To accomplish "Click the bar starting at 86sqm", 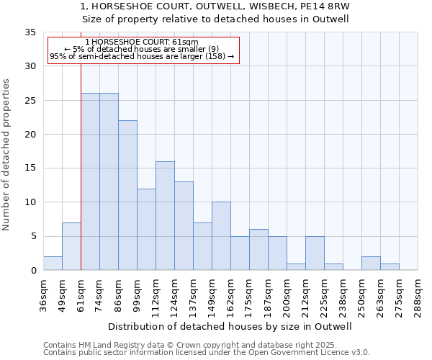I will pos(127,195).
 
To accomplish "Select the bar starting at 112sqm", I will pos(165,216).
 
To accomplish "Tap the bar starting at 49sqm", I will pos(71,246).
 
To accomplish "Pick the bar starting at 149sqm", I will pos(221,236).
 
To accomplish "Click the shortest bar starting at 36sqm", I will pos(53,264).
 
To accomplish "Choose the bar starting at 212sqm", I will pos(315,253).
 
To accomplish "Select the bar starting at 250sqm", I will pos(371,264).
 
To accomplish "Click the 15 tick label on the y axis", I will pos(30,168).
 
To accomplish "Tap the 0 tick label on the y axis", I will pos(33,271).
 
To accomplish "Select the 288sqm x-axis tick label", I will pos(418,296).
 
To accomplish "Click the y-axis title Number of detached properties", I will pos(6,155).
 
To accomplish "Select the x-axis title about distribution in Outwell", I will pos(230,326).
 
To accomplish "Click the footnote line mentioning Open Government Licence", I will pos(207,352).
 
